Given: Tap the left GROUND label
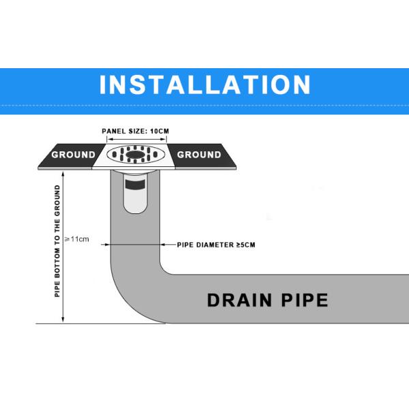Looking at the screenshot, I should (73, 155).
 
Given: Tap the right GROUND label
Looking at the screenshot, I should (199, 155).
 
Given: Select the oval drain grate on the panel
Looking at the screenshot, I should (136, 154).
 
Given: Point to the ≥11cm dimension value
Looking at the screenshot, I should (76, 239).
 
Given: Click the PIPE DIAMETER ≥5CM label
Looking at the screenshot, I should (217, 244).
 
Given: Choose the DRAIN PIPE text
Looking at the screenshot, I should (267, 300).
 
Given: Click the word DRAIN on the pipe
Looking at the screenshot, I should (237, 300).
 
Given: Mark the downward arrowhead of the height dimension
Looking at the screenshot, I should (63, 320).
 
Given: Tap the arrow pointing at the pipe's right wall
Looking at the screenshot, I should (163, 244).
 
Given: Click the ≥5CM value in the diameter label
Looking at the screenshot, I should (246, 244).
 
